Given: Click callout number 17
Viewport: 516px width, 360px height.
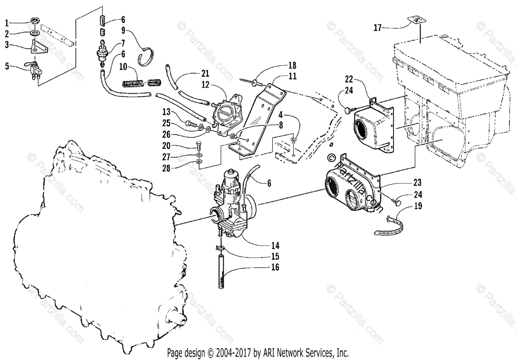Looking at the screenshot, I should click(377, 28).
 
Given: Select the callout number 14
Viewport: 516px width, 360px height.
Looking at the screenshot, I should click(276, 246).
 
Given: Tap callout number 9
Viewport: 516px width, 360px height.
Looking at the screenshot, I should click(123, 31).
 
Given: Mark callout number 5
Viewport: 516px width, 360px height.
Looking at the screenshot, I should click(6, 67).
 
